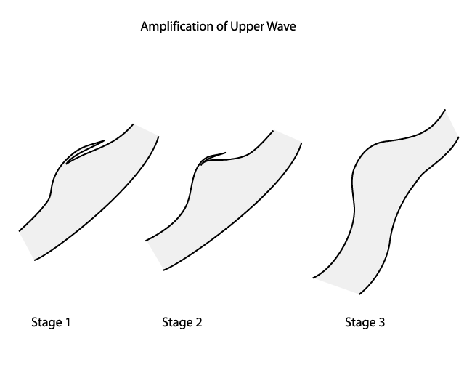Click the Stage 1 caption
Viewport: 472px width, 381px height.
(51, 321)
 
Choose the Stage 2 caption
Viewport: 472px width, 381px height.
(182, 321)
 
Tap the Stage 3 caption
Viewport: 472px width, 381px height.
(365, 321)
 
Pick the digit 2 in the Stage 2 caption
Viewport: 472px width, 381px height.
(198, 321)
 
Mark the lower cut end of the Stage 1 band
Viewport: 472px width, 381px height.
(27, 245)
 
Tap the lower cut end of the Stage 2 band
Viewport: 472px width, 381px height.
(155, 254)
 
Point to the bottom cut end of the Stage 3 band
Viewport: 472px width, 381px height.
(336, 285)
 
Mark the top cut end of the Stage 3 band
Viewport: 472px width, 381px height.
(452, 124)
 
